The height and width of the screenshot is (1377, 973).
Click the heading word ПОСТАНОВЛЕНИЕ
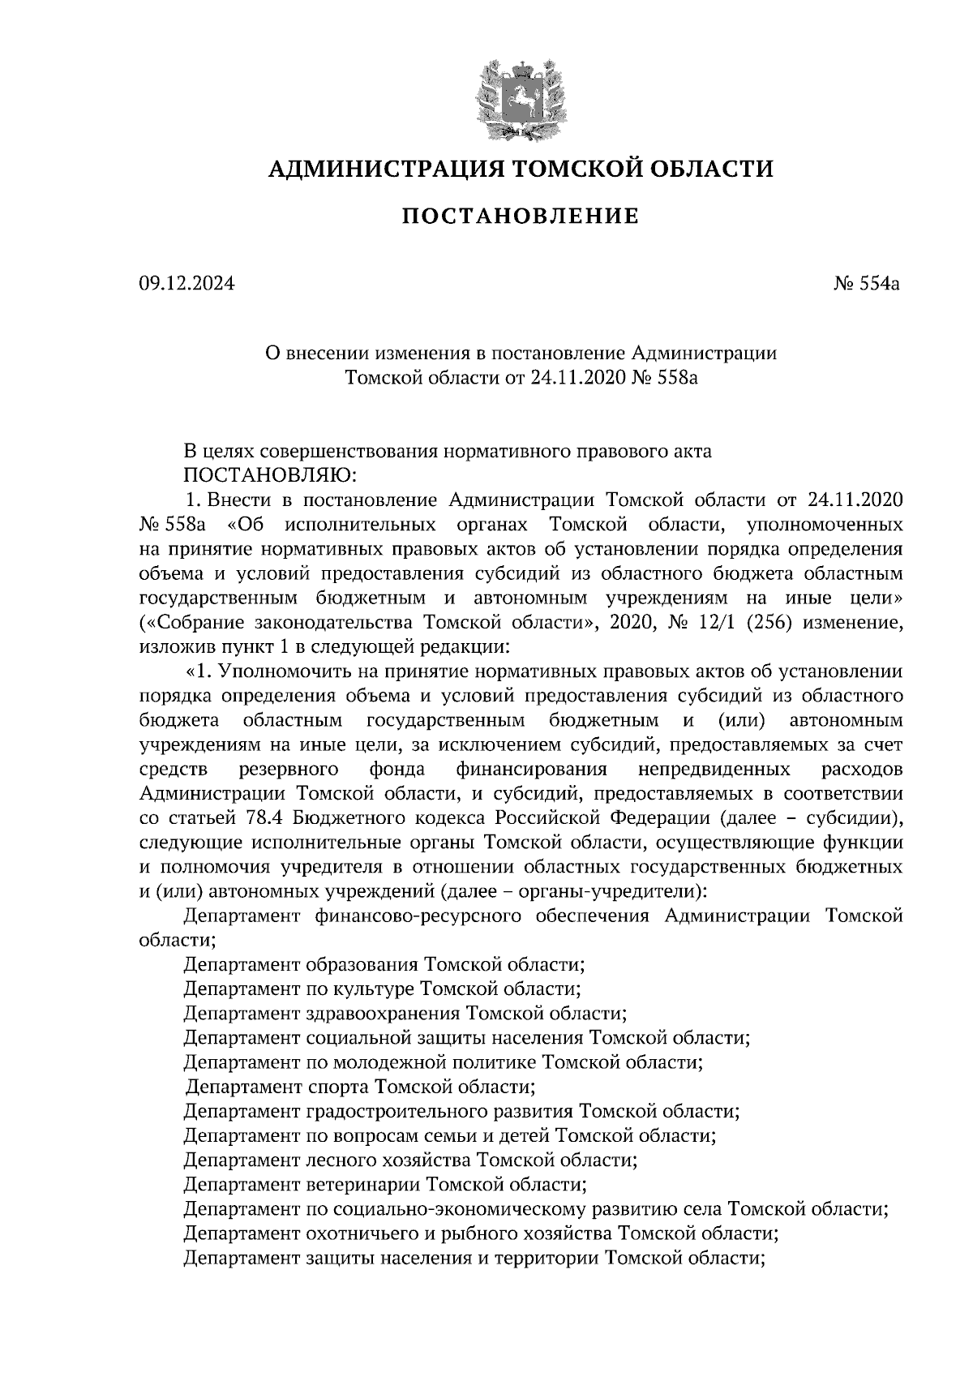coord(521,217)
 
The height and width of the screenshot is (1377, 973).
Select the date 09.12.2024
coord(186,285)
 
